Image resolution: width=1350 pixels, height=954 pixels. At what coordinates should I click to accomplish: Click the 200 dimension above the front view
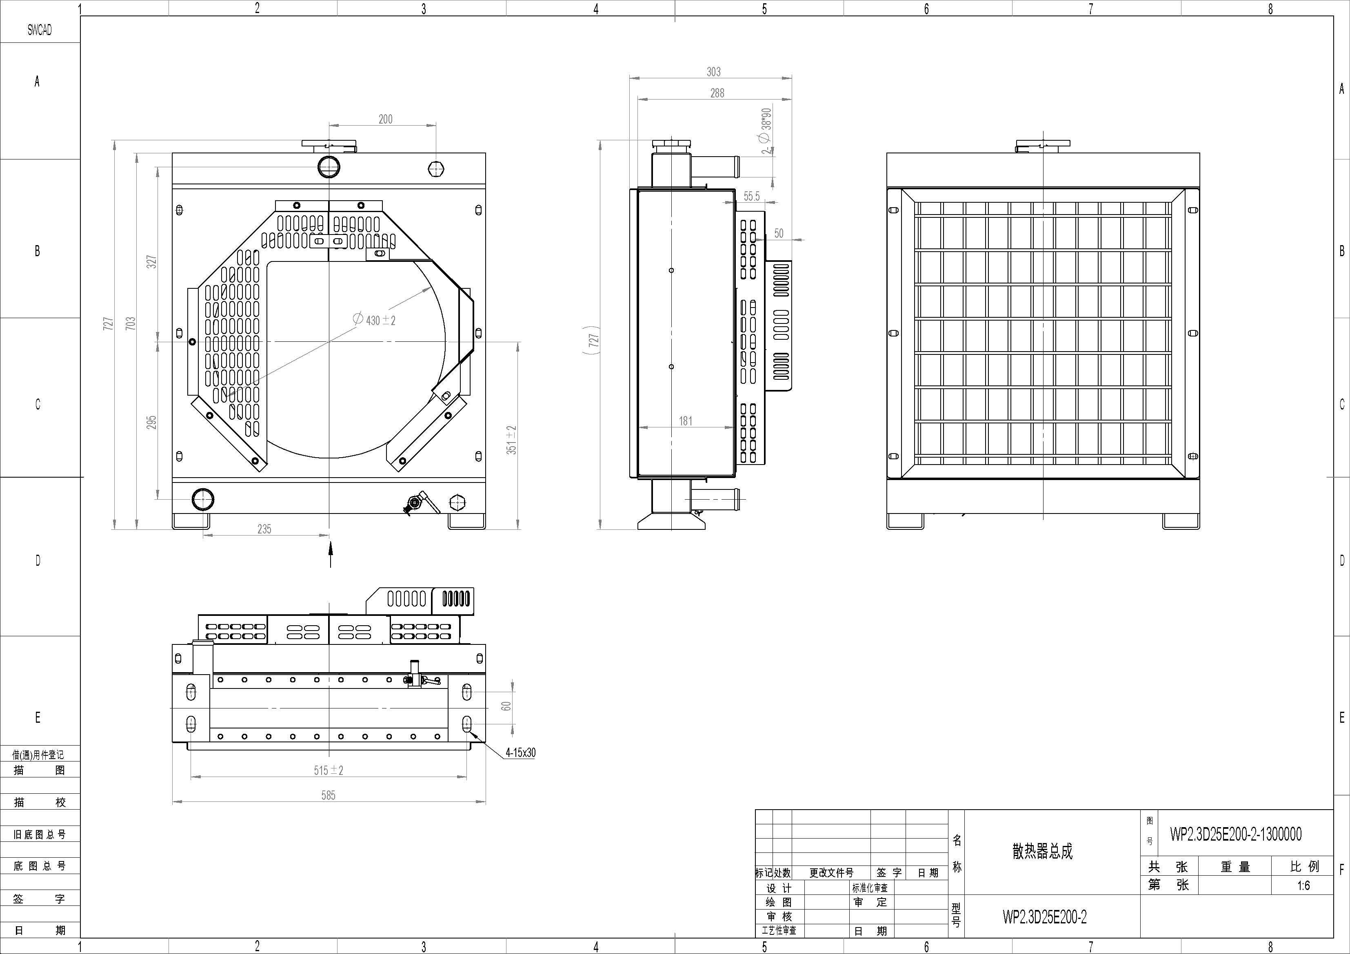point(385,120)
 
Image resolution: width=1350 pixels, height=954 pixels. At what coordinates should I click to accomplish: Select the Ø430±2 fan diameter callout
point(374,320)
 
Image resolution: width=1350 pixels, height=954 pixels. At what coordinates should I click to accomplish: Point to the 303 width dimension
point(713,72)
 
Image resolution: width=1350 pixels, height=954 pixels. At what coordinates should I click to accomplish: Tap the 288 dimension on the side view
point(717,93)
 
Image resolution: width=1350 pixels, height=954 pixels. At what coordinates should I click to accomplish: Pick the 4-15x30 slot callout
point(520,753)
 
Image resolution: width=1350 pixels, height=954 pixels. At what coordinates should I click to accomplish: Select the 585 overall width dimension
point(328,795)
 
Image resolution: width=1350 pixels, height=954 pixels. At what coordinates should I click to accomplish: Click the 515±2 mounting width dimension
point(328,770)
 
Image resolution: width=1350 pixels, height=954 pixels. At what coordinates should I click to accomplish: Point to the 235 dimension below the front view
point(264,529)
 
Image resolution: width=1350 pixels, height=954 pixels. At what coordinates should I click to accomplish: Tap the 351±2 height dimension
point(511,440)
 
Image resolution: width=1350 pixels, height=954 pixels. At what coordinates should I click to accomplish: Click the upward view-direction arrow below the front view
point(331,554)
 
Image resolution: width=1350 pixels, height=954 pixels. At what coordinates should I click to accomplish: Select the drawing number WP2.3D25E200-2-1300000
point(1235,834)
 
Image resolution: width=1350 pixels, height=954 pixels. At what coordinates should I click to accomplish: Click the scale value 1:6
point(1303,885)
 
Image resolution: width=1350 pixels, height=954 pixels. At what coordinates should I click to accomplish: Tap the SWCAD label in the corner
point(40,30)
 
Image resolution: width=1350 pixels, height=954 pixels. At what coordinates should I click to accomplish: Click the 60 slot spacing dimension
point(506,706)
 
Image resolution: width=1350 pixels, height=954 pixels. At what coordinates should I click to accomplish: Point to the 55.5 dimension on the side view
point(751,196)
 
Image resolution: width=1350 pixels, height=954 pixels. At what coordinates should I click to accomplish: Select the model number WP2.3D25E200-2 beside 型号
point(1044,916)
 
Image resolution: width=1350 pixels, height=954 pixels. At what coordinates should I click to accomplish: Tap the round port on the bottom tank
point(203,500)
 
